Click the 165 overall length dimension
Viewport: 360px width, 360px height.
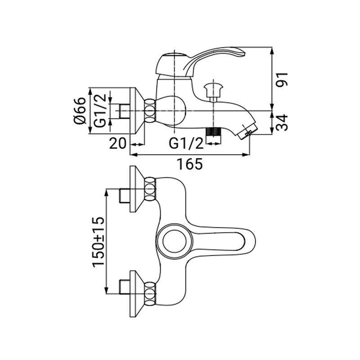pyautogui.click(x=189, y=164)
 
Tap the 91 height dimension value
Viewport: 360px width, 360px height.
pyautogui.click(x=282, y=80)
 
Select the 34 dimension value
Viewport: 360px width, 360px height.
pyautogui.click(x=282, y=122)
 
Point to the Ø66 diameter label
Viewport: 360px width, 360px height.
pyautogui.click(x=80, y=111)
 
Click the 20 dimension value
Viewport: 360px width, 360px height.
pyautogui.click(x=117, y=144)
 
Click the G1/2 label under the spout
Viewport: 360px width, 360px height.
pyautogui.click(x=186, y=144)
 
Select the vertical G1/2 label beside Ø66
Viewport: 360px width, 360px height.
pyautogui.click(x=100, y=110)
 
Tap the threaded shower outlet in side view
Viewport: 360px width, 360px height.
pyautogui.click(x=213, y=132)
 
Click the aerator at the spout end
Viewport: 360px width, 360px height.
pyautogui.click(x=245, y=131)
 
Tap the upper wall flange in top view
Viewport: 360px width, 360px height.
pyautogui.click(x=137, y=189)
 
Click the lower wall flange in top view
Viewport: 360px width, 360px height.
pyautogui.click(x=137, y=294)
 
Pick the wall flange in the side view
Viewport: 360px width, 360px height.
pyautogui.click(x=137, y=111)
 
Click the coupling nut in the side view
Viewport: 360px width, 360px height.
pyautogui.click(x=150, y=111)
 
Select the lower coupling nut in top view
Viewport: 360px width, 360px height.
pyautogui.click(x=150, y=294)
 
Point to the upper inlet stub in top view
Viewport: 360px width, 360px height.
pyautogui.click(x=125, y=196)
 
